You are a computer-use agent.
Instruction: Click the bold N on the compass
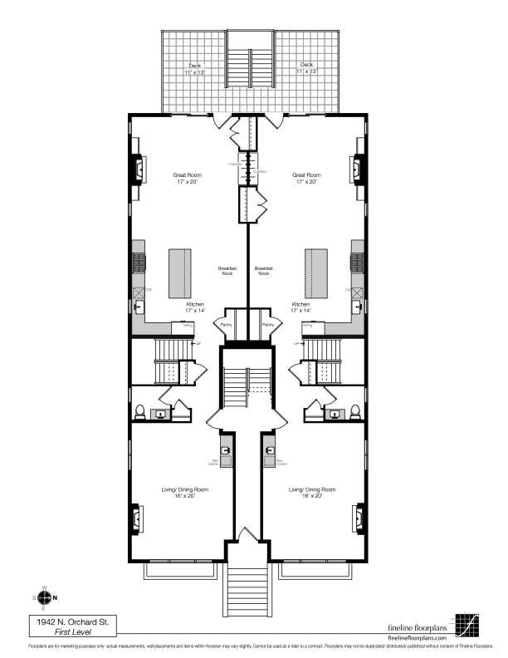point(55,597)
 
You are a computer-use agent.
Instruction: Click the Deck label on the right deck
point(306,64)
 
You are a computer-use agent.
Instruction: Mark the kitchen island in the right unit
point(316,273)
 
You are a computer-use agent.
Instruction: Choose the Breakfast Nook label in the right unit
point(265,272)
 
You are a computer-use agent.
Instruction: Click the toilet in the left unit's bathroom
point(140,411)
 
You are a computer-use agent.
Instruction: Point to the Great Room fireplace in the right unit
point(359,169)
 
